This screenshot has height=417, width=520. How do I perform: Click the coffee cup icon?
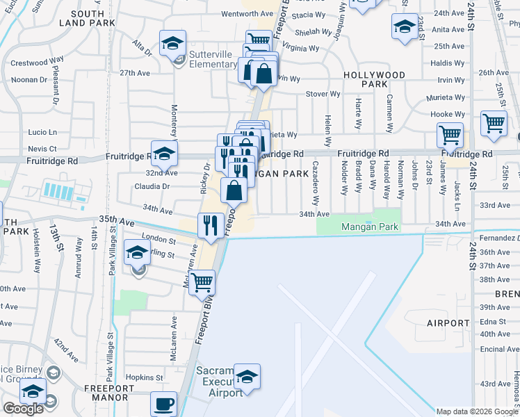(x=164, y=403)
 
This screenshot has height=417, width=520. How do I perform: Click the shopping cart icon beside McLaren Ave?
(x=202, y=281)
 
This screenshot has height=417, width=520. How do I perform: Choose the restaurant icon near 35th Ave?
(x=211, y=224)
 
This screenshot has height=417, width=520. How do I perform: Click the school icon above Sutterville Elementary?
(x=172, y=43)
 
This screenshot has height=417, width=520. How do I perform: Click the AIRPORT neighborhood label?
(x=448, y=323)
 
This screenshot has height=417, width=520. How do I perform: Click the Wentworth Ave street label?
(x=247, y=14)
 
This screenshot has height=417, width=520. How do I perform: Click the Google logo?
(x=23, y=409)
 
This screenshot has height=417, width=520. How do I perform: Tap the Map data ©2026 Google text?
(x=477, y=411)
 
